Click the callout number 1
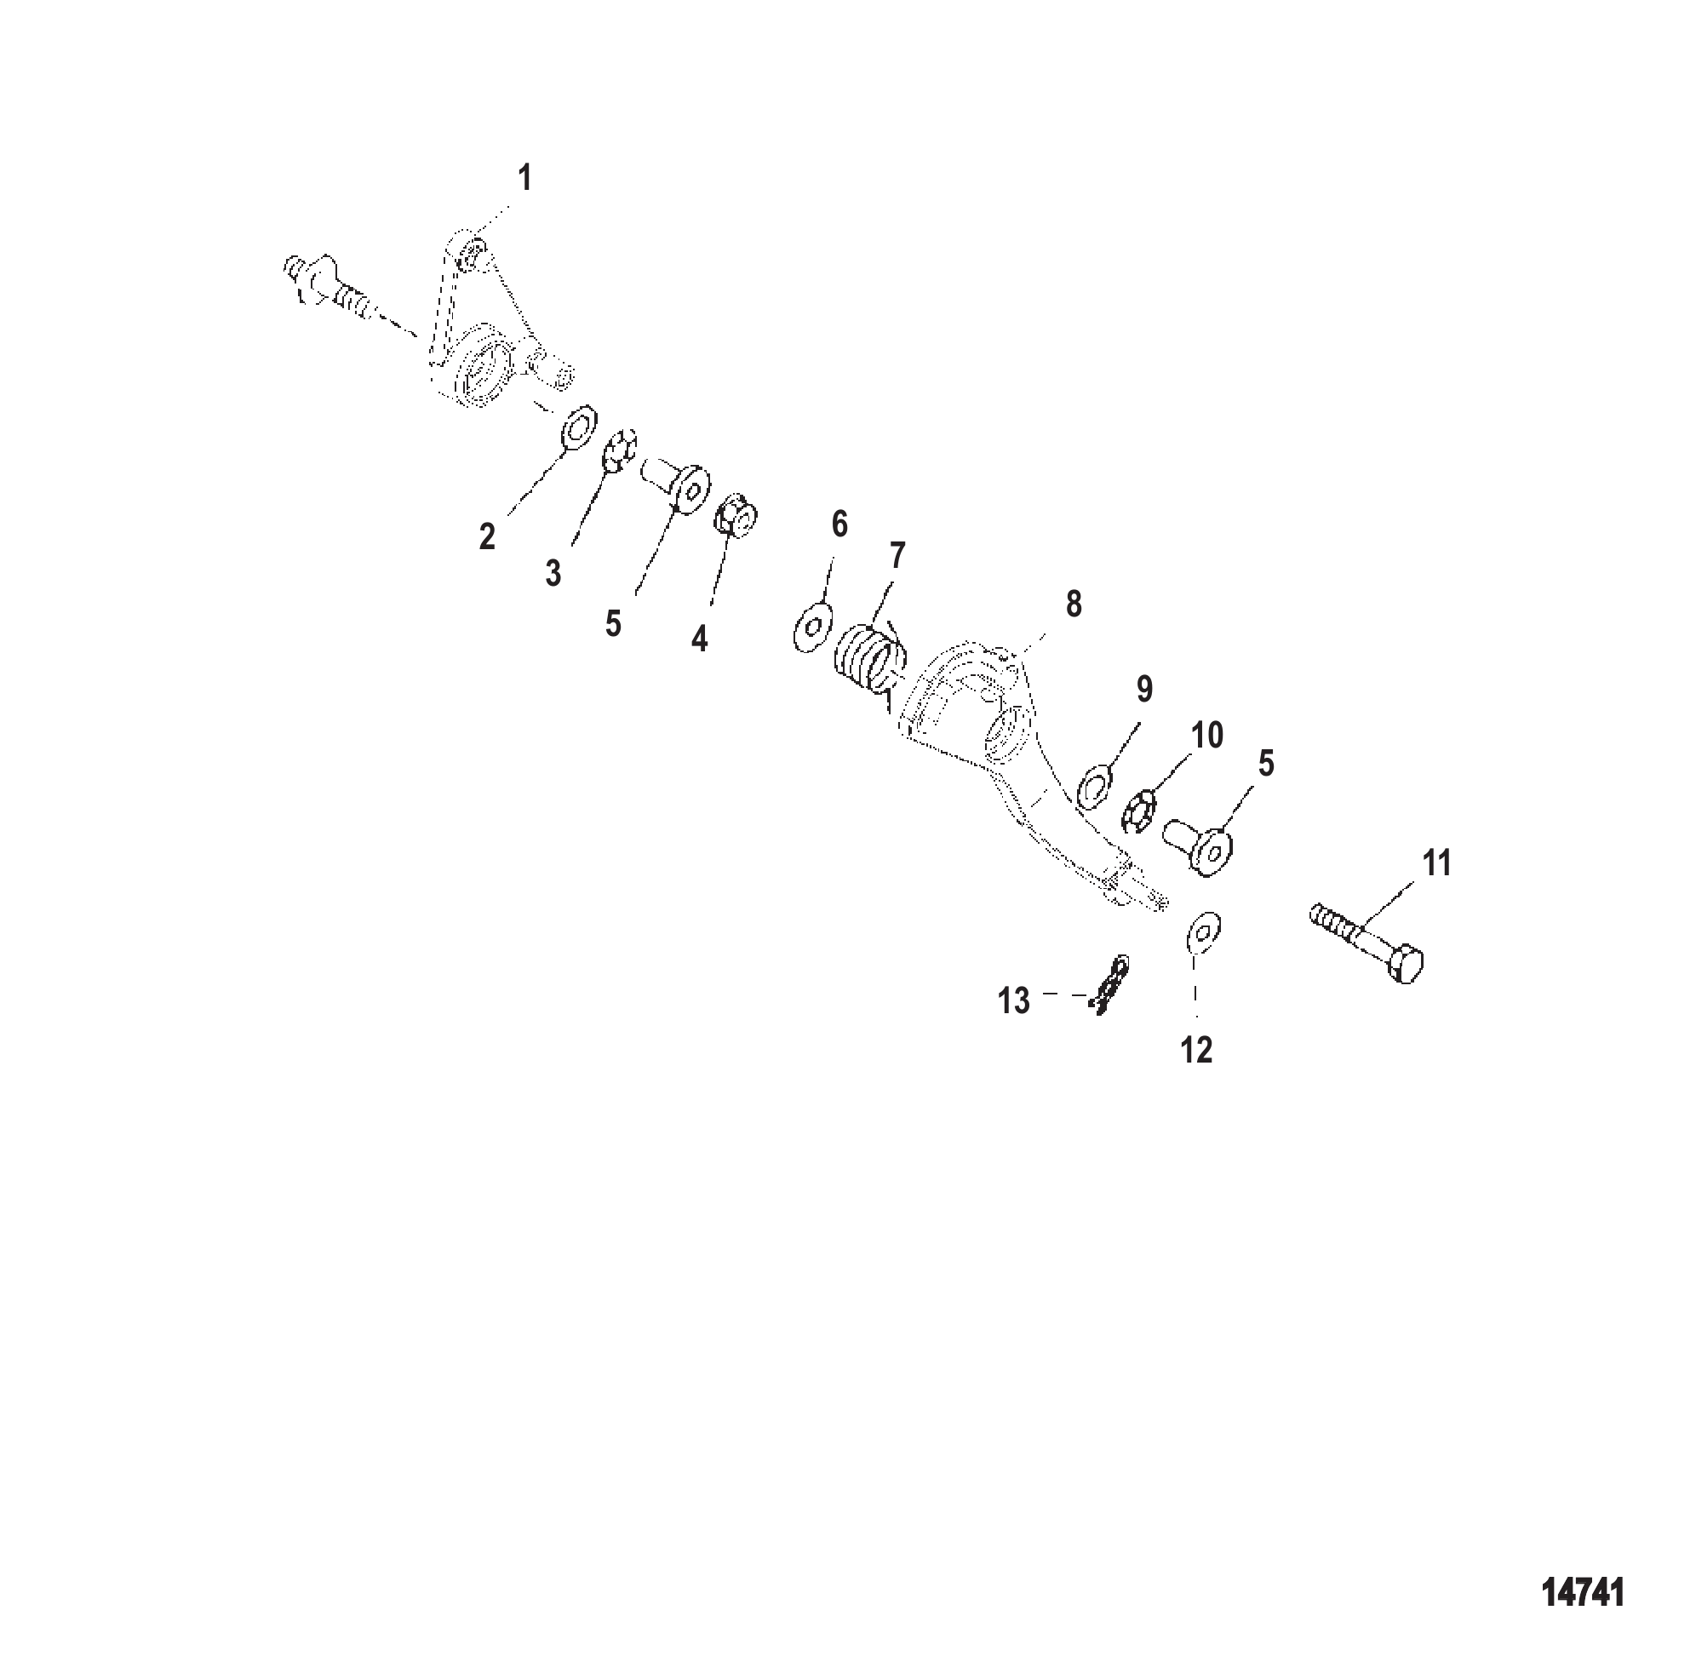(525, 178)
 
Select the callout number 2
(487, 536)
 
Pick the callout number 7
(897, 556)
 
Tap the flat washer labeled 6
(811, 627)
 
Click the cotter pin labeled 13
(1110, 986)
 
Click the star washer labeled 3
(620, 452)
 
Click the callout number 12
(1196, 1051)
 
